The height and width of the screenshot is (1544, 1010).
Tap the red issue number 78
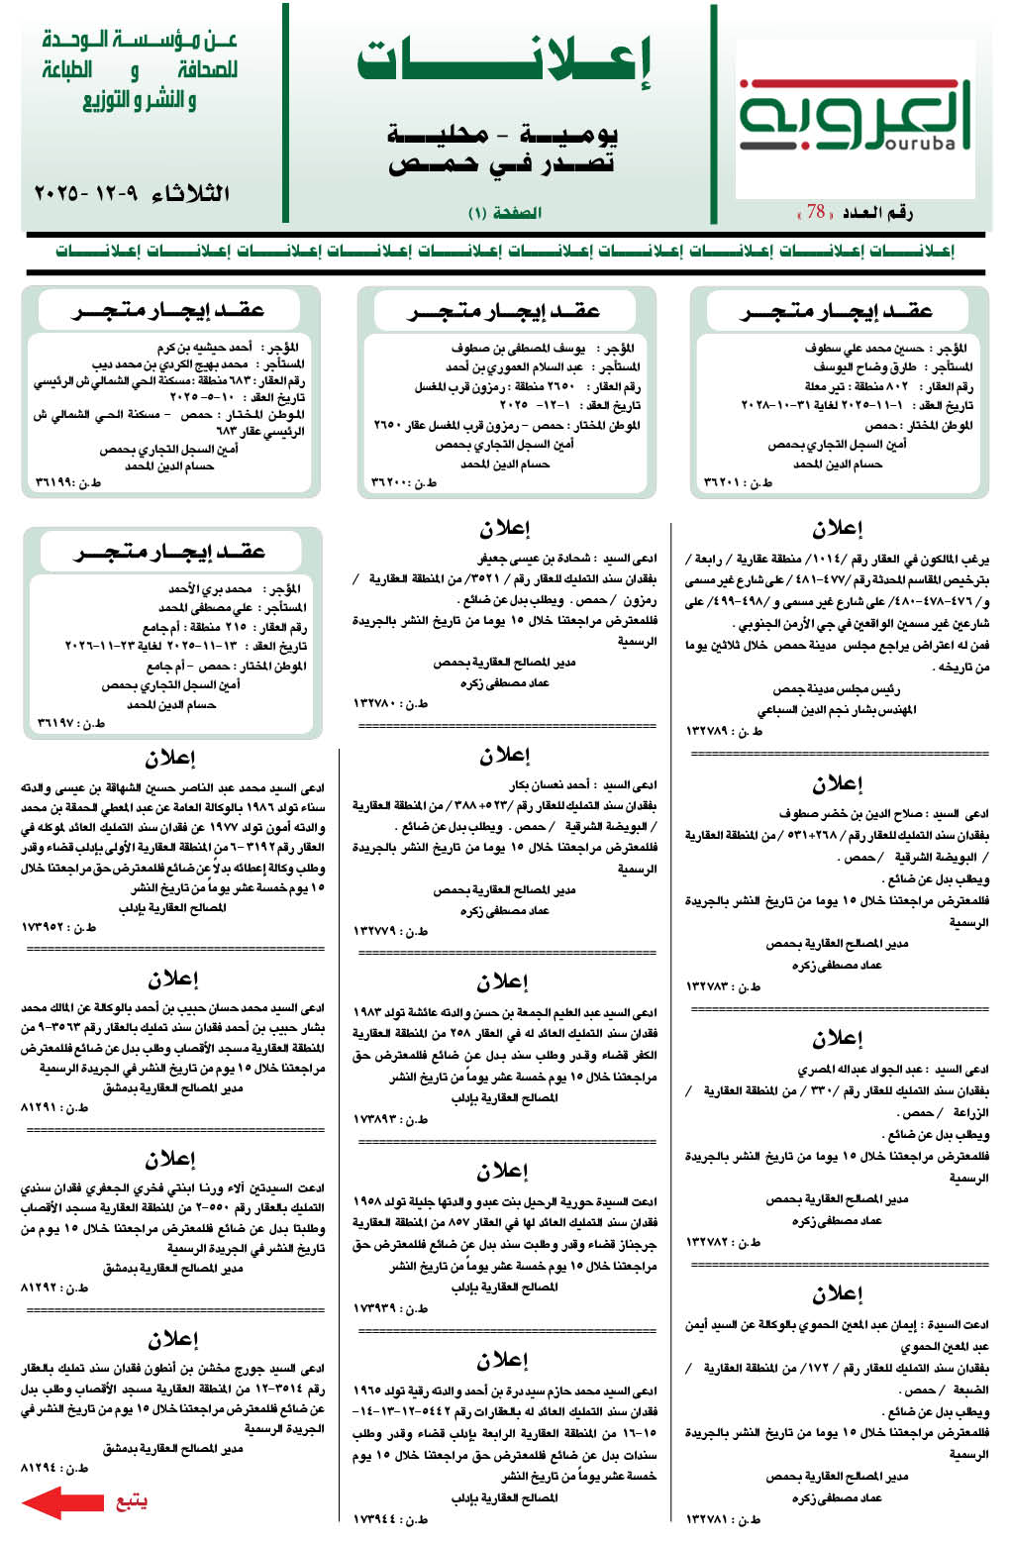pos(816,212)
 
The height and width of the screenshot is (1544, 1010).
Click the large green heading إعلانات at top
pos(504,62)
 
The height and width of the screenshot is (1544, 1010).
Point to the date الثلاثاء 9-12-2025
pos(132,192)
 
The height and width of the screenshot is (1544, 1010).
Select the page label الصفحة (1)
pos(504,213)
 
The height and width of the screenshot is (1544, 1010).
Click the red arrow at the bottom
pos(61,1501)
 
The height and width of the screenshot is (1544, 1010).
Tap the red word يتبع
pos(131,1501)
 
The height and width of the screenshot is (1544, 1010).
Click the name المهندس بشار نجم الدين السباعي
pos(836,709)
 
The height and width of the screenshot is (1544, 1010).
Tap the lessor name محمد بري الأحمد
pos(210,589)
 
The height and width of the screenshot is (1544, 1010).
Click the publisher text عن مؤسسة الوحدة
pos(140,41)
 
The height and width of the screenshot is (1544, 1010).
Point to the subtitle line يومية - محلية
pos(504,134)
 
